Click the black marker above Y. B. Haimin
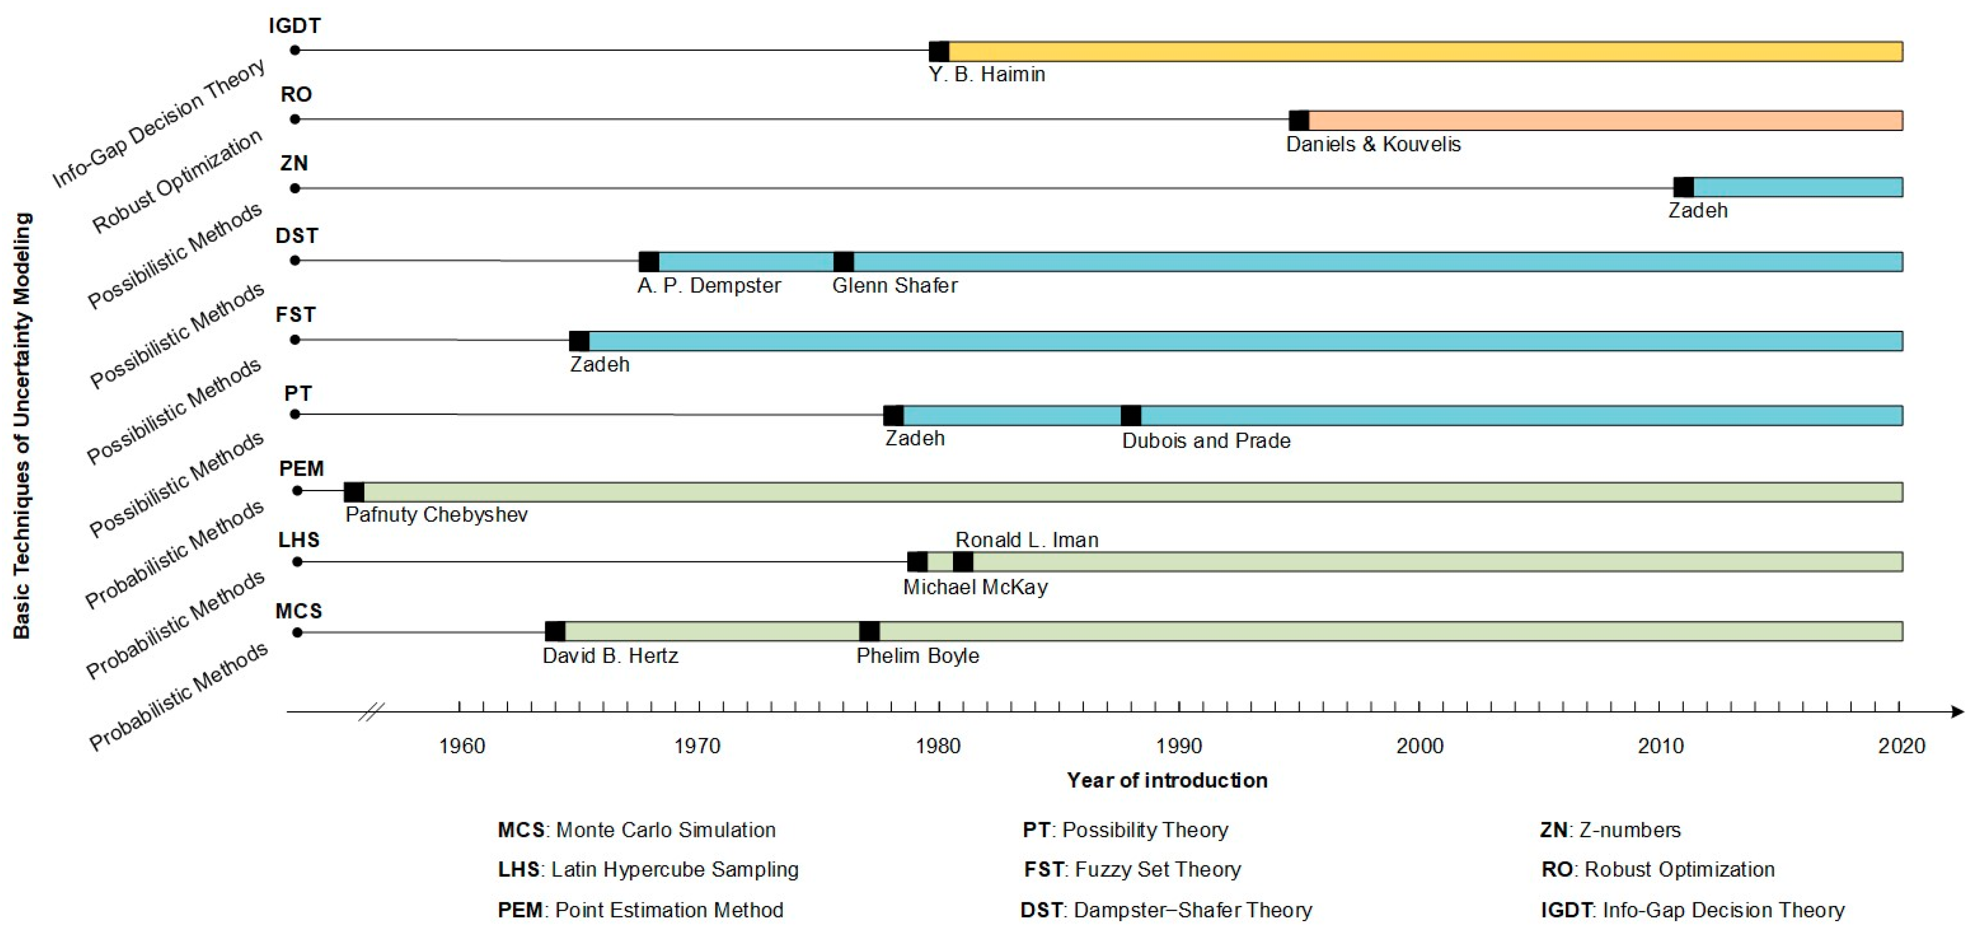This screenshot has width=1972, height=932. click(939, 51)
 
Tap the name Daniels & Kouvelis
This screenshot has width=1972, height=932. click(1373, 144)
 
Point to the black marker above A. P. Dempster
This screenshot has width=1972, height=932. click(649, 261)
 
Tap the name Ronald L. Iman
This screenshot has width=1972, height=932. click(1026, 540)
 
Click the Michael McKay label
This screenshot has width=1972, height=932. click(975, 587)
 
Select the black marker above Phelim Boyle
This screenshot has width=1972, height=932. click(869, 631)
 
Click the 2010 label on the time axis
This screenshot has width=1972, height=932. click(1660, 745)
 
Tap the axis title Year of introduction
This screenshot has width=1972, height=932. click(1167, 780)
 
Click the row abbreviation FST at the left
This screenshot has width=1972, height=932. click(296, 315)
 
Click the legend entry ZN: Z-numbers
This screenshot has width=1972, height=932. click(1610, 829)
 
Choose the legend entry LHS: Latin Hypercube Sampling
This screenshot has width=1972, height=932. click(648, 869)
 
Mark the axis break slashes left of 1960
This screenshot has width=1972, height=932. click(371, 712)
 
